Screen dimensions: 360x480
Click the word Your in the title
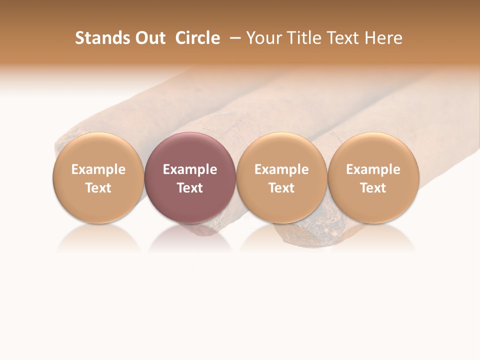(x=263, y=38)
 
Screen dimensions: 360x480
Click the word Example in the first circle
(x=98, y=169)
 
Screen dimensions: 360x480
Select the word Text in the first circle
(x=98, y=188)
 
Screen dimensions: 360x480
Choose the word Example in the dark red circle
(x=190, y=169)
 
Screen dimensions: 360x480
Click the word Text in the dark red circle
(x=190, y=188)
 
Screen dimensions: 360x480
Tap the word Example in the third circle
(x=281, y=169)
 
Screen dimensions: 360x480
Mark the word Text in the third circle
(x=281, y=188)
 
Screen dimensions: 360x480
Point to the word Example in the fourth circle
(x=373, y=169)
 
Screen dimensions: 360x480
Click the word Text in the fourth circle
(x=373, y=188)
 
